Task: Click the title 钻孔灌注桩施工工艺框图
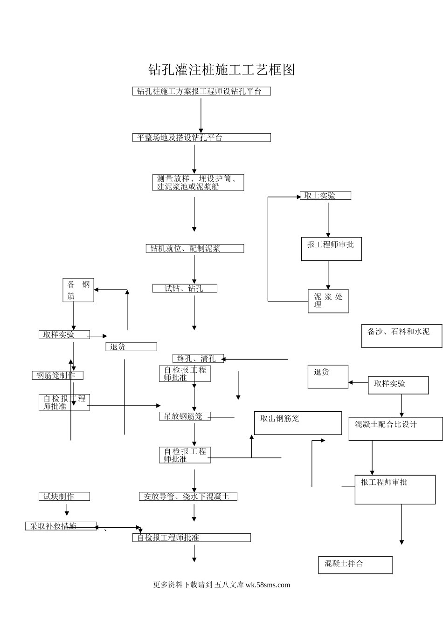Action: (x=221, y=70)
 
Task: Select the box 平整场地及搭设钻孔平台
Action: (x=201, y=137)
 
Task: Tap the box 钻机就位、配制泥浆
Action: (x=195, y=249)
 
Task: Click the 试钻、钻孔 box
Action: (x=185, y=288)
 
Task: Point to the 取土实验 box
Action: (x=325, y=196)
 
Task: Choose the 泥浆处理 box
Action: (x=328, y=301)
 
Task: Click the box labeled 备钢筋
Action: (x=78, y=290)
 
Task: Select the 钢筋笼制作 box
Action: (x=58, y=375)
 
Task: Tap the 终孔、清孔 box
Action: (x=198, y=358)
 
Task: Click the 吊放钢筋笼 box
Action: (x=185, y=416)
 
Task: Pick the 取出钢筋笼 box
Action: (x=298, y=423)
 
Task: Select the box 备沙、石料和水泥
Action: (x=401, y=336)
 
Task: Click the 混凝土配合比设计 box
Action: (x=395, y=429)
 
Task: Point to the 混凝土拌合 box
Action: (x=355, y=565)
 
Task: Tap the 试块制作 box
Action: (x=64, y=497)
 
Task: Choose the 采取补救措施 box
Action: (x=61, y=526)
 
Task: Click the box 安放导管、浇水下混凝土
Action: (x=188, y=497)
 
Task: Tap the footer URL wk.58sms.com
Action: (x=267, y=585)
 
